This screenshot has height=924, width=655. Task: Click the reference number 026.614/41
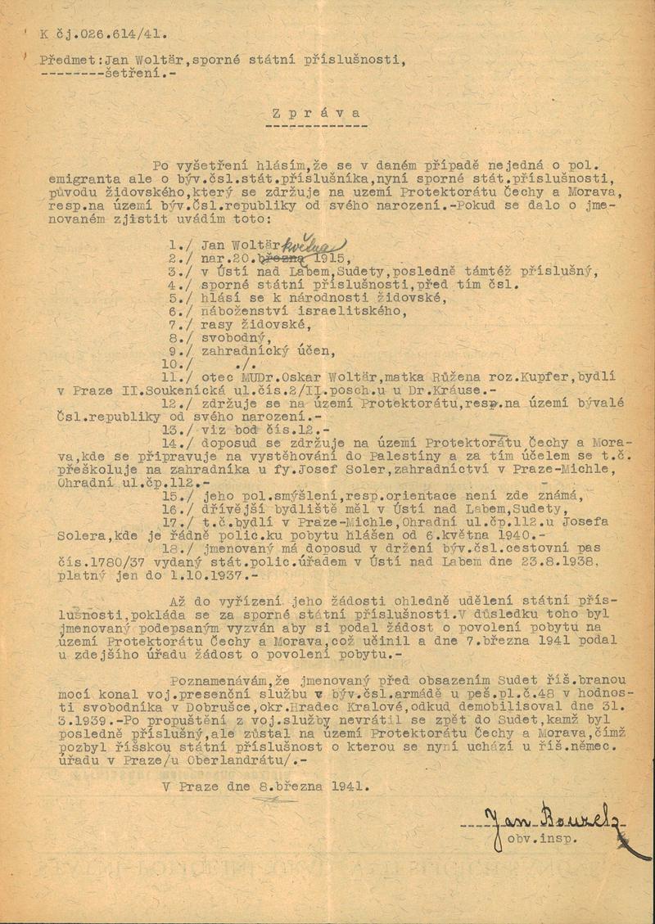[x=120, y=35]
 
